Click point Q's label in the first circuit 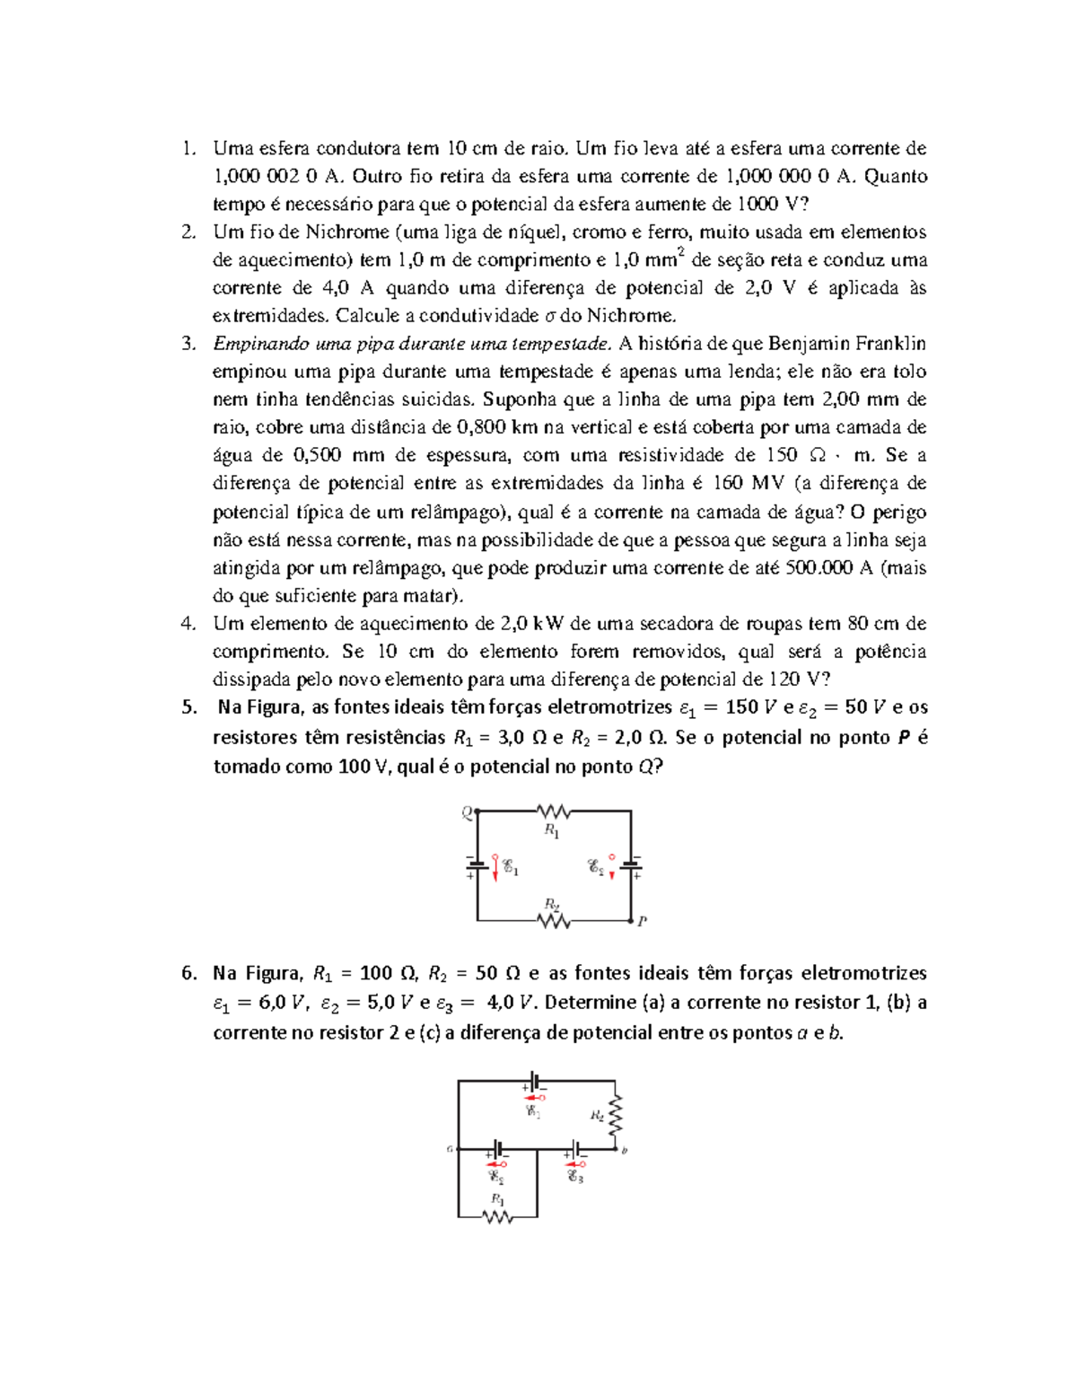point(467,813)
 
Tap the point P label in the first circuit point(643,921)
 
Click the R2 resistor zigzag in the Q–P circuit point(554,921)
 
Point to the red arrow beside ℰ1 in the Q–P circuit point(495,867)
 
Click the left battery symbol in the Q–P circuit point(477,865)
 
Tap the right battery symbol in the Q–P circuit point(631,865)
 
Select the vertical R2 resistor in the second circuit point(616,1117)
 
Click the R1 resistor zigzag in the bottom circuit point(497,1217)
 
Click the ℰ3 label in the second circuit point(575,1177)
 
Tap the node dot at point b point(616,1149)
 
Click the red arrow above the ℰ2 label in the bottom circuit point(496,1164)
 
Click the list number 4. point(188,624)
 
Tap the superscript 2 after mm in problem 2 point(682,253)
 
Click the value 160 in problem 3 point(727,484)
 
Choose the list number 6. point(188,974)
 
